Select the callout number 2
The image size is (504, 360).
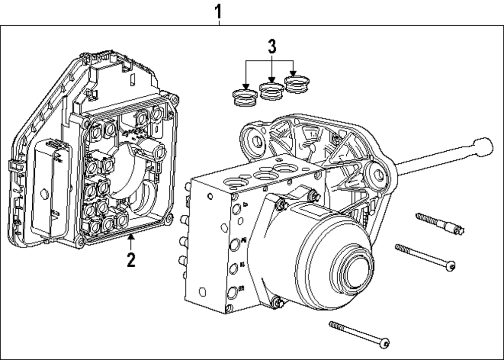click(x=131, y=260)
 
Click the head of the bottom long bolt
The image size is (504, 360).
click(x=385, y=343)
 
